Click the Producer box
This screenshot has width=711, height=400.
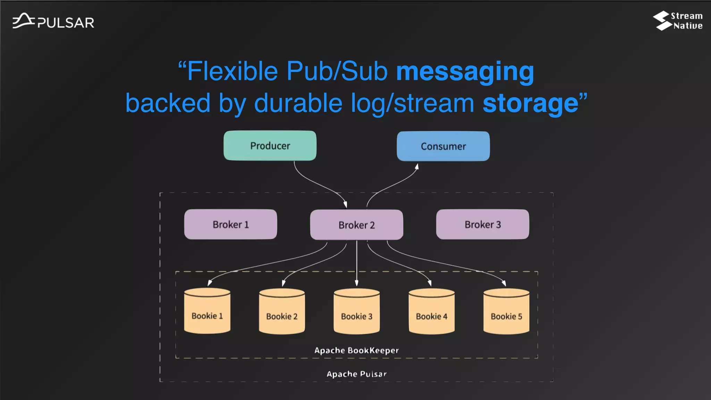point(270,146)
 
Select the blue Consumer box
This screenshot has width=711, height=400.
point(443,146)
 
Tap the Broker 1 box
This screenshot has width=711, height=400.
point(231,224)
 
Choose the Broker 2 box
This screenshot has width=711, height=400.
point(357,225)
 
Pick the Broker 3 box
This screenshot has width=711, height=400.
point(483,224)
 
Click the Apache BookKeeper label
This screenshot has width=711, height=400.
point(357,350)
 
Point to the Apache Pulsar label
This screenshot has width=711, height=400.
point(357,374)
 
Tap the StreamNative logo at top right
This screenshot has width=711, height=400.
point(677,21)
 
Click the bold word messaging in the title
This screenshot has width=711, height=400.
point(465,71)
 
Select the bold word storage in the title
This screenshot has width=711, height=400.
point(530,103)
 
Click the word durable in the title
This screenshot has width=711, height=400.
point(298,103)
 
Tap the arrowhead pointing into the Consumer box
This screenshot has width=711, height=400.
point(417,167)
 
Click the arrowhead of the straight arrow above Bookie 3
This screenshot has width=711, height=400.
point(357,283)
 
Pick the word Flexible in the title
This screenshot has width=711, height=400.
point(232,71)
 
